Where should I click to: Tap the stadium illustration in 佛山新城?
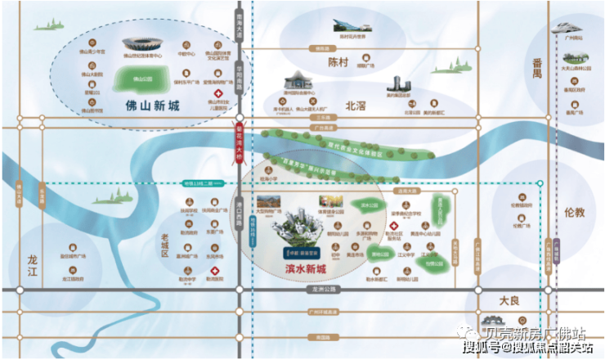pyautogui.click(x=144, y=44)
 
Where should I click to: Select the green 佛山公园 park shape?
pyautogui.click(x=143, y=80)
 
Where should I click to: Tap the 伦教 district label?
pyautogui.click(x=574, y=211)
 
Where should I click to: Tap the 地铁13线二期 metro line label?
pyautogui.click(x=199, y=183)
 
